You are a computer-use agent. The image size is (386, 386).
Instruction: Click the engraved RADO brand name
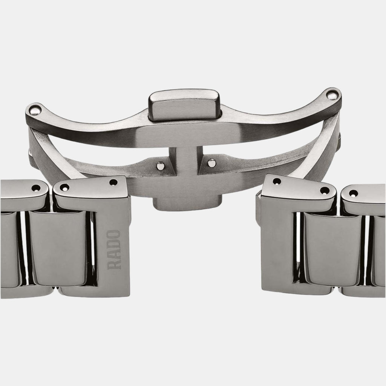[115, 249]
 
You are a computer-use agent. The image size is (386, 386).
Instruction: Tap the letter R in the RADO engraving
[115, 264]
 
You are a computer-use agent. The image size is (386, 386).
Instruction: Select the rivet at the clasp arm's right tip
[332, 94]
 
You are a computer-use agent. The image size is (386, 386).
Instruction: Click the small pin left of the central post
[160, 165]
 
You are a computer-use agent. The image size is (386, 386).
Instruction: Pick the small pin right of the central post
[212, 163]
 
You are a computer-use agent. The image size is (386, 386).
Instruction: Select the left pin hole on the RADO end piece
[64, 187]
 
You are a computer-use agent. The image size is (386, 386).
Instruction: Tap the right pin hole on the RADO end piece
[113, 183]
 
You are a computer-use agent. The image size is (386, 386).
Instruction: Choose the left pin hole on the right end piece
[277, 182]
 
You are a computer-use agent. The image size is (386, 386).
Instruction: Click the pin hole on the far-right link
[354, 193]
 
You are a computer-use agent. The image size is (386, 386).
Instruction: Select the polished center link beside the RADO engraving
[58, 249]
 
